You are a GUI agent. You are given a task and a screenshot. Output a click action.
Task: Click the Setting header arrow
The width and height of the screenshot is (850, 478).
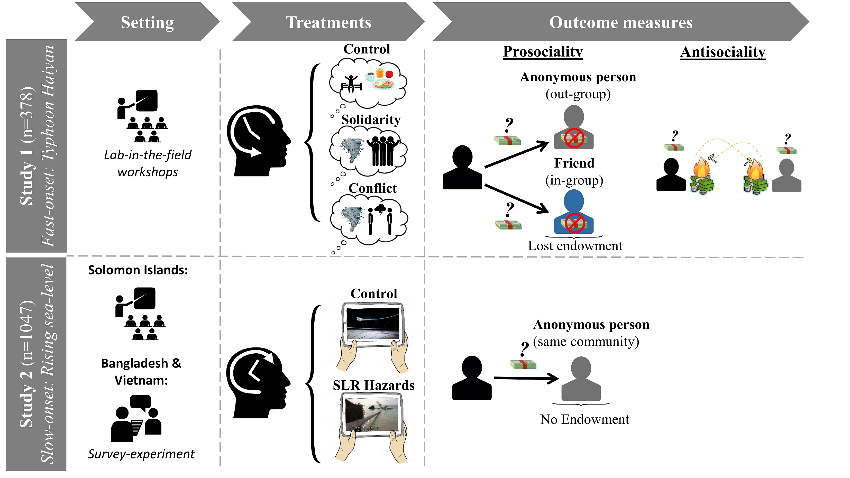pos(147,22)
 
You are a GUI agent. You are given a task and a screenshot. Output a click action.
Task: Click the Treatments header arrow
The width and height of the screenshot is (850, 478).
pos(328,22)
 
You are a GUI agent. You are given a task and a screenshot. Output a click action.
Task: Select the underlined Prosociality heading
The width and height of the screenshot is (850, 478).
pos(543,52)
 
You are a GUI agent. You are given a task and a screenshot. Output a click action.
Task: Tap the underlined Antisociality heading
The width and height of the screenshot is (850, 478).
pos(723,52)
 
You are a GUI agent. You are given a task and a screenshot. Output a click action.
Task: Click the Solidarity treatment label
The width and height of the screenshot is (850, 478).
pos(371,120)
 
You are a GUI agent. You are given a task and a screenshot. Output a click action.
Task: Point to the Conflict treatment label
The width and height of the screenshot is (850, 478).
pos(372,188)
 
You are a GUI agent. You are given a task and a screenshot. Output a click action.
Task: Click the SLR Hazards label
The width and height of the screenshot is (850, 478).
pos(373,385)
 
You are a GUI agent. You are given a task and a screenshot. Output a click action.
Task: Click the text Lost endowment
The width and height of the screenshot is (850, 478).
pos(575,246)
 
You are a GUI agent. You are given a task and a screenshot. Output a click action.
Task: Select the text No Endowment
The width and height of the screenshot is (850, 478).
pos(584,419)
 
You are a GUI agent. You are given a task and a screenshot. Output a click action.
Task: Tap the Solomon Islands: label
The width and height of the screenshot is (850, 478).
pos(138,270)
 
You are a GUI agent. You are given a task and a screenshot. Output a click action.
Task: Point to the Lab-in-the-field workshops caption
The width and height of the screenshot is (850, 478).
pos(148,163)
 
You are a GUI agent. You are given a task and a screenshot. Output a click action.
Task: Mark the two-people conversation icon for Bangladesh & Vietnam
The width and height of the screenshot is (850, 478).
pos(136,418)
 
